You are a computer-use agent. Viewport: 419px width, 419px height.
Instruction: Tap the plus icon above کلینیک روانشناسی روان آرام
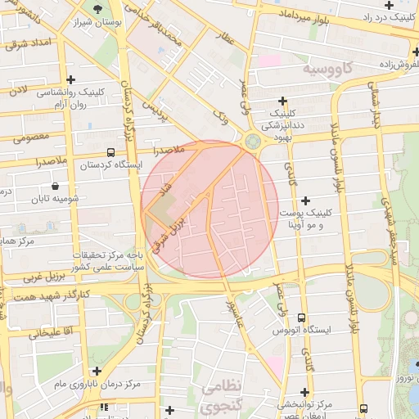(72, 79)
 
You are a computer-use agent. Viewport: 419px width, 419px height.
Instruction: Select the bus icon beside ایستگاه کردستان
(110, 152)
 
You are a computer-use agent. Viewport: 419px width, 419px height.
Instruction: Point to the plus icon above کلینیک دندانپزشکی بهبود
(283, 100)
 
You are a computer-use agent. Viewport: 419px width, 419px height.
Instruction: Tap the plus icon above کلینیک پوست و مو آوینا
(306, 200)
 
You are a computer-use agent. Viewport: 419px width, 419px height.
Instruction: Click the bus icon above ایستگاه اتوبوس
(301, 318)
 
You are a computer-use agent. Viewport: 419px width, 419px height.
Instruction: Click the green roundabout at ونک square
(250, 142)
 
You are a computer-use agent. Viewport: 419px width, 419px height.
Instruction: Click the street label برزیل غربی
(23, 276)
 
